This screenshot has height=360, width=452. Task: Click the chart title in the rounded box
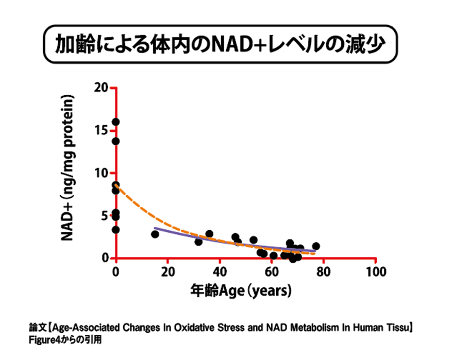[220, 45]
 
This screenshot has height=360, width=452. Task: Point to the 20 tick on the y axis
[101, 88]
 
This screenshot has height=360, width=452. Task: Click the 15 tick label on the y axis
[101, 130]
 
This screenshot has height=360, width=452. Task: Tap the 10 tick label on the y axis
[101, 173]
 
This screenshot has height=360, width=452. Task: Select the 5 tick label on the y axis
[104, 216]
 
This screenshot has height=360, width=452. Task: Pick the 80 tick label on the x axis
[324, 271]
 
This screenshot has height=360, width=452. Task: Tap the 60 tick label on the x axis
[272, 271]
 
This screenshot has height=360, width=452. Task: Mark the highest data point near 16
[115, 122]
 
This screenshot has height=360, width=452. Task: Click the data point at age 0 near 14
[115, 141]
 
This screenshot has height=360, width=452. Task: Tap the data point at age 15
[155, 234]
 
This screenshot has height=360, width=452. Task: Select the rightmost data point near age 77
[316, 246]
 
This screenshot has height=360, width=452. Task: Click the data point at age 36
[209, 234]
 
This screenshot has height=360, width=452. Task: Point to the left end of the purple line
[155, 228]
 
